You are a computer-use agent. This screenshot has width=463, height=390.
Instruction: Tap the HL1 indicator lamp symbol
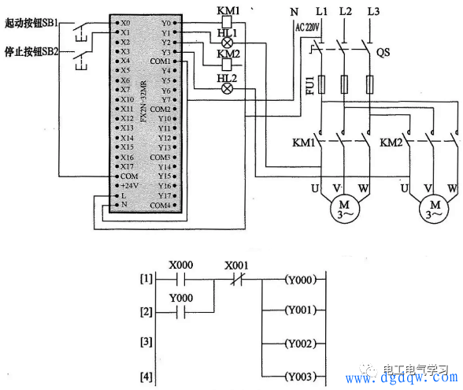(x=228, y=43)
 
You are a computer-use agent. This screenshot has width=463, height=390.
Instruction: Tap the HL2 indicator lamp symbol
(x=228, y=88)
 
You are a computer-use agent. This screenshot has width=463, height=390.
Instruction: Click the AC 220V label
(x=309, y=27)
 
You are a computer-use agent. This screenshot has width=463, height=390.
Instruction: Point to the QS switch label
(x=384, y=53)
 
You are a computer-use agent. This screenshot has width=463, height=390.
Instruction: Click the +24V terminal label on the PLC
(x=128, y=185)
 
